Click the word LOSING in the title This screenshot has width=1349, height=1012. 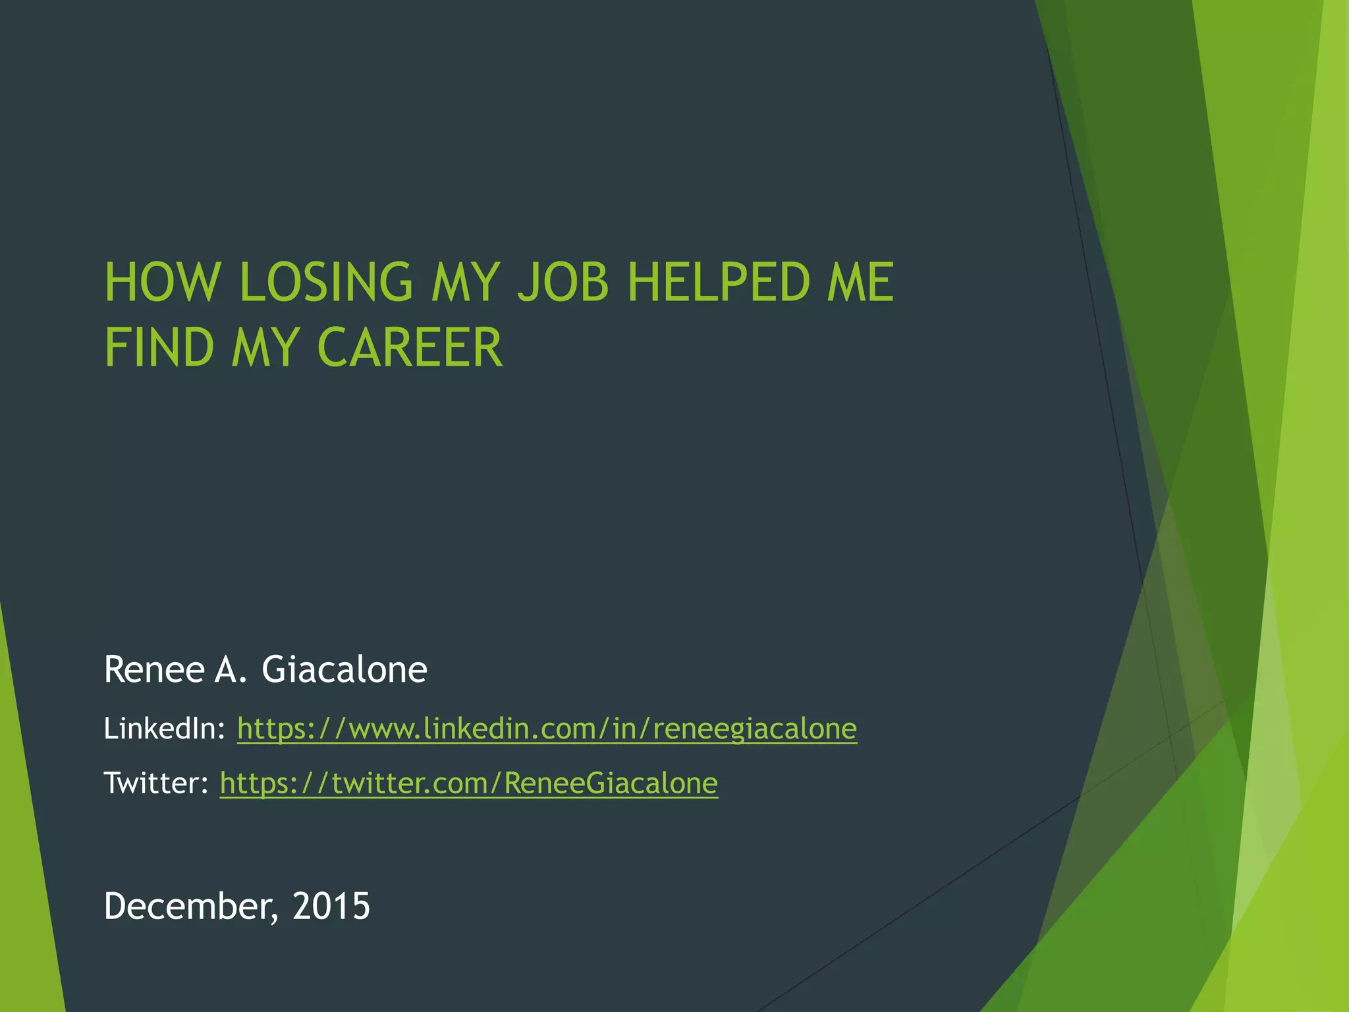point(326,282)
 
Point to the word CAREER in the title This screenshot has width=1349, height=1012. point(410,347)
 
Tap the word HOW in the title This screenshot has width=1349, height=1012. point(162,282)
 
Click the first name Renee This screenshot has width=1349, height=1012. point(155,669)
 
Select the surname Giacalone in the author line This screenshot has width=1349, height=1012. point(344,669)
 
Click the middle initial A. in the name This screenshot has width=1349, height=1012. point(230,669)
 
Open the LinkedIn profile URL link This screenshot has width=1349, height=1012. point(547,729)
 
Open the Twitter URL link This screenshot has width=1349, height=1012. point(468,783)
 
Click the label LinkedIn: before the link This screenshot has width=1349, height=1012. point(165,729)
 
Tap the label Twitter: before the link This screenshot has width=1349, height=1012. point(156,783)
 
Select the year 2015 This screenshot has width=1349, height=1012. point(331,906)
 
